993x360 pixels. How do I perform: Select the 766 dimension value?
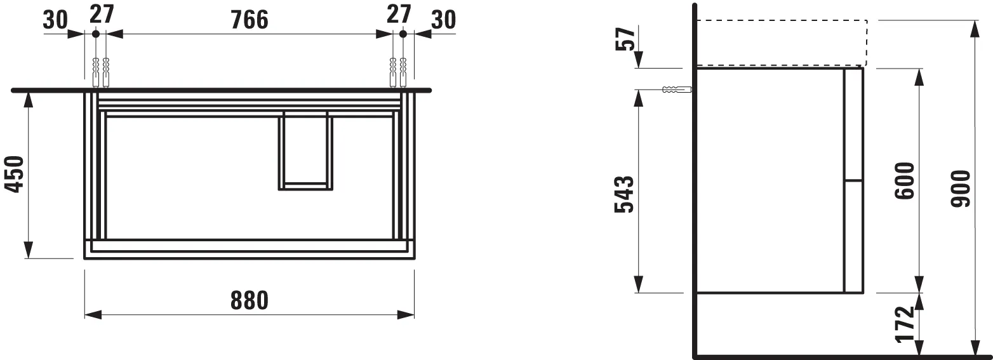coord(249,20)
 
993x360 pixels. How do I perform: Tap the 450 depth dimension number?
coord(15,175)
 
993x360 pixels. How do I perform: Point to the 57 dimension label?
coord(626,39)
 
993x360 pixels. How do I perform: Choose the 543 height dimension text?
coord(625,195)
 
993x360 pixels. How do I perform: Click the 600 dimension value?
coord(904,181)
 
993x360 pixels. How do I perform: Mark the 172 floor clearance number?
coord(904,324)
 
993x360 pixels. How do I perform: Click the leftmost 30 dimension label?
coord(56,20)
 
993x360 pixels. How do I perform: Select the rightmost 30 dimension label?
coord(443,20)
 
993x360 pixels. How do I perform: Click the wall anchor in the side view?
coord(674,90)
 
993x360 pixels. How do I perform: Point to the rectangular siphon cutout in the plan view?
coord(305,151)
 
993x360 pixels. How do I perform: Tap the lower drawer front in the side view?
coord(853,236)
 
